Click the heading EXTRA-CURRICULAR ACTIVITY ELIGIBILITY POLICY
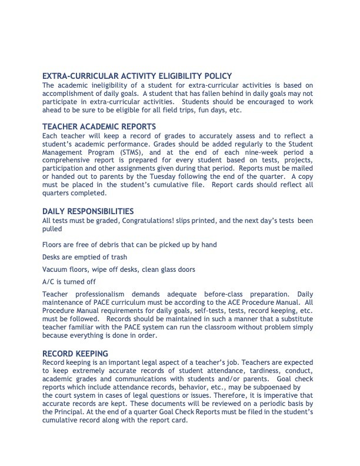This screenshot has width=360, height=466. point(137,76)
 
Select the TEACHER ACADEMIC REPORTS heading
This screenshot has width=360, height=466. point(99,127)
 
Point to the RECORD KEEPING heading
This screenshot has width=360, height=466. point(75,354)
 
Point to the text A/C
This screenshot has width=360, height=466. point(49,282)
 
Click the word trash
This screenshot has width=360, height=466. point(118,257)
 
